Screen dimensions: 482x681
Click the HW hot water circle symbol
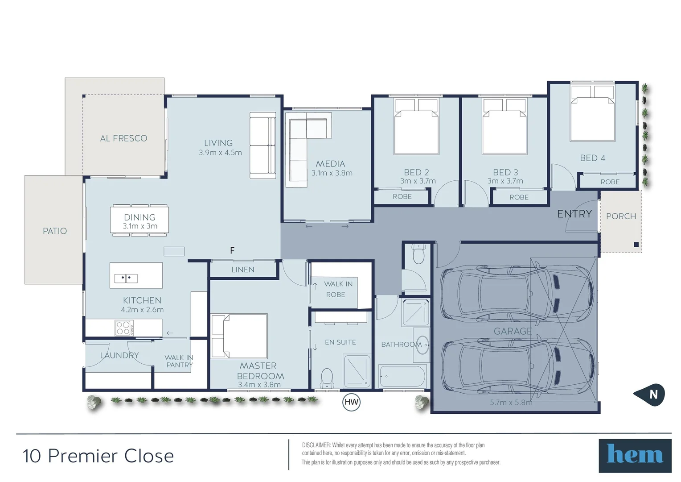(x=351, y=402)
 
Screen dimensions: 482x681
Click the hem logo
(x=635, y=455)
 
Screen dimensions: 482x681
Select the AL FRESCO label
(x=123, y=138)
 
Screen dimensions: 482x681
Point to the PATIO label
(x=55, y=231)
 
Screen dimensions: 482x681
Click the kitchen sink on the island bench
(x=126, y=278)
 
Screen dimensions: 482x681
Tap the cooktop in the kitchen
(x=124, y=328)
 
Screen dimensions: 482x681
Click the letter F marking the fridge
(x=232, y=250)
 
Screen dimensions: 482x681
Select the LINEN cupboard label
(x=243, y=270)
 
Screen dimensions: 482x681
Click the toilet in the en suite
(x=327, y=379)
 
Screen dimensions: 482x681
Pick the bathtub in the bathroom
(x=403, y=377)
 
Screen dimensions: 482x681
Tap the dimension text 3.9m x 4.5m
(x=220, y=153)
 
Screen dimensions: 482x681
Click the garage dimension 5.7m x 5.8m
(x=511, y=402)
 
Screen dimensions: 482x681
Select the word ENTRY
(x=574, y=214)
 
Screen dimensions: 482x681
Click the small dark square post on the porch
(x=636, y=245)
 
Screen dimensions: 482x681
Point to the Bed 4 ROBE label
(x=610, y=182)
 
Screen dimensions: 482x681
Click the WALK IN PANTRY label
(x=179, y=361)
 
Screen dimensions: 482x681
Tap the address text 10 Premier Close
(x=98, y=456)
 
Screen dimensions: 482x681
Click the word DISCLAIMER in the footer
(x=316, y=445)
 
